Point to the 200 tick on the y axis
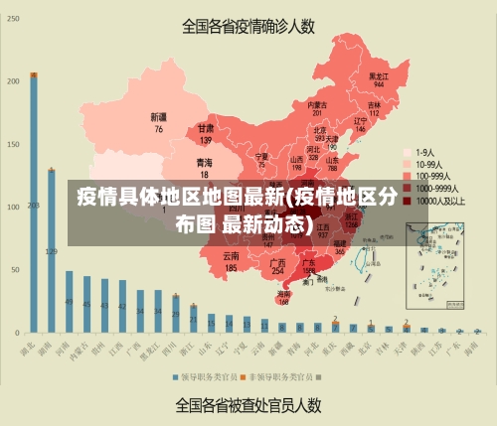tap(14, 79)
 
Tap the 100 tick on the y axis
tap(14, 206)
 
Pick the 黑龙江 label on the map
tap(378, 75)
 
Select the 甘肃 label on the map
tap(206, 128)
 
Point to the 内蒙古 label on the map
tap(317, 104)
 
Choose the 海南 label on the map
tap(284, 294)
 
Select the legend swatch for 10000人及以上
tap(407, 200)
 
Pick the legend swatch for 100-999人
tap(407, 176)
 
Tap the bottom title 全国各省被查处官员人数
tap(248, 404)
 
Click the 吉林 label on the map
tap(374, 105)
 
